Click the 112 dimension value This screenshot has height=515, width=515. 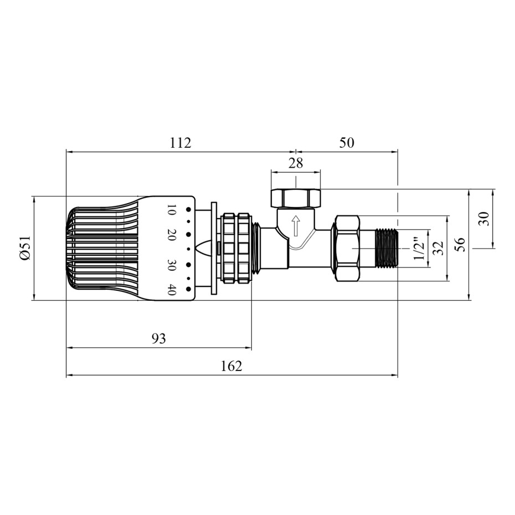tap(181, 143)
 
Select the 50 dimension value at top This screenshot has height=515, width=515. tap(347, 143)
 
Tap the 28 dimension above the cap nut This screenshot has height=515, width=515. tap(296, 163)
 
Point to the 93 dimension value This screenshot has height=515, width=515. tap(159, 338)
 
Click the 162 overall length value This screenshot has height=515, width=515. tap(231, 366)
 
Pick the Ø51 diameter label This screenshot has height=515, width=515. tap(25, 248)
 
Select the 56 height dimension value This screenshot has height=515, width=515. tap(461, 245)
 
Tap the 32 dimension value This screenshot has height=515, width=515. tap(438, 248)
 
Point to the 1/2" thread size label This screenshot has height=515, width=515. tap(419, 248)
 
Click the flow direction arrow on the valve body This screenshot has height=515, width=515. tap(296, 225)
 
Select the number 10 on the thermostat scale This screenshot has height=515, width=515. tap(171, 209)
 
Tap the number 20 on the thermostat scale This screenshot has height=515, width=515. tap(171, 235)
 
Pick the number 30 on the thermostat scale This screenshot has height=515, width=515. tap(171, 265)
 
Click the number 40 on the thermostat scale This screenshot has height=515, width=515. tap(171, 290)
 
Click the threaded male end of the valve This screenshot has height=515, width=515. tap(387, 248)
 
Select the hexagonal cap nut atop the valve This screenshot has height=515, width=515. tap(296, 198)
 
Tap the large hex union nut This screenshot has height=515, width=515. tap(347, 248)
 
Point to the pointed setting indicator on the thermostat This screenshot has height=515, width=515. tap(205, 248)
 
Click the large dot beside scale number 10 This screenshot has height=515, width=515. tap(188, 209)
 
